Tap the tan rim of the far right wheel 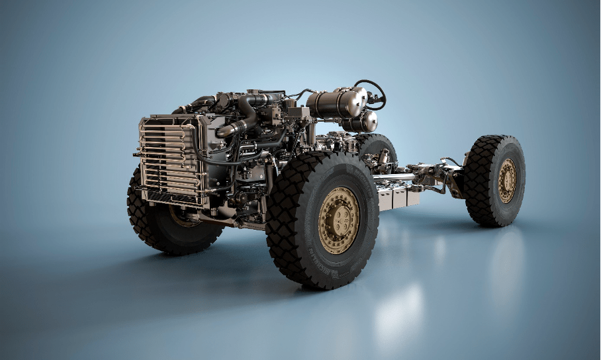pos(507,180)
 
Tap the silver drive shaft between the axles pos(397,177)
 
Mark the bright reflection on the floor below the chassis pos(397,311)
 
